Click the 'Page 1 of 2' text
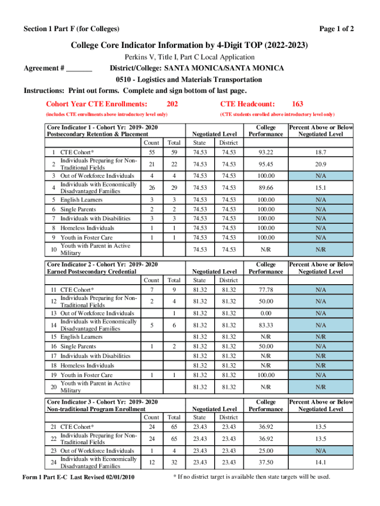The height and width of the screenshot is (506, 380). [x=337, y=29]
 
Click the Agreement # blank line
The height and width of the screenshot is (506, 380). [x=79, y=68]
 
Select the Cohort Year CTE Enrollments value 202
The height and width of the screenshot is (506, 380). [x=172, y=104]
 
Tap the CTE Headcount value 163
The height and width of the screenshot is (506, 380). [x=298, y=104]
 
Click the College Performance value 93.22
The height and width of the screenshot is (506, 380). [x=266, y=152]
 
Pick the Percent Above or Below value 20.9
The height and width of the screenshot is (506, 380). [x=321, y=164]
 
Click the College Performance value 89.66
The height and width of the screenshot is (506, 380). [x=266, y=188]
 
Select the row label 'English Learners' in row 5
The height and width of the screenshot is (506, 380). [x=81, y=200]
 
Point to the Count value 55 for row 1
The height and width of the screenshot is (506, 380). [x=152, y=152]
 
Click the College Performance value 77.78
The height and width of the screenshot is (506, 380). [x=266, y=290]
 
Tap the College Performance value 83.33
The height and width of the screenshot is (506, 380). [x=266, y=325]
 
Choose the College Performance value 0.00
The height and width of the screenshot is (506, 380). [x=266, y=313]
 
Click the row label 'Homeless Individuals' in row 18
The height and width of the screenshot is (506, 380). [x=87, y=365]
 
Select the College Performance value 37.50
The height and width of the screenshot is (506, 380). [x=266, y=463]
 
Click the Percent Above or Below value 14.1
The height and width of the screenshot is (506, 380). [x=321, y=463]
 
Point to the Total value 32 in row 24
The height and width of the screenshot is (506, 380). [x=174, y=463]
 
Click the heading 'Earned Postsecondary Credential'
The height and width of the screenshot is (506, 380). [x=91, y=272]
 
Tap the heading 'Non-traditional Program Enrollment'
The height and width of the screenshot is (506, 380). [x=96, y=409]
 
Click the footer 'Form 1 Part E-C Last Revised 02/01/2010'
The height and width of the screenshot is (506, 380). [x=79, y=477]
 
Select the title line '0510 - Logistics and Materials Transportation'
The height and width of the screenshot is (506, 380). [x=189, y=80]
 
